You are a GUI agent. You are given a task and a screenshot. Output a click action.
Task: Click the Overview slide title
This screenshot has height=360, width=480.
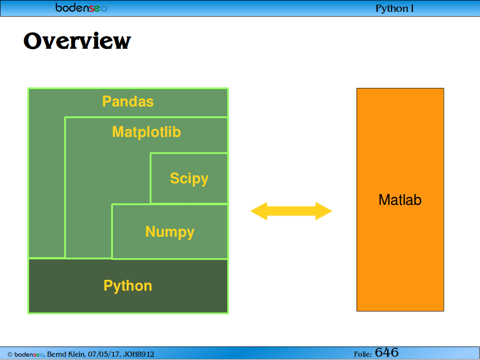click(77, 41)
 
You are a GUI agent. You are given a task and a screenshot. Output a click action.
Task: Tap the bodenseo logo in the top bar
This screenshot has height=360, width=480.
click(82, 7)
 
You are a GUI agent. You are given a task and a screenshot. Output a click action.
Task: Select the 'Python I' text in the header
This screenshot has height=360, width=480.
click(395, 8)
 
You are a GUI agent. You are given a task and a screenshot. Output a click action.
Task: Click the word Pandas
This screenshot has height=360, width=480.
click(128, 101)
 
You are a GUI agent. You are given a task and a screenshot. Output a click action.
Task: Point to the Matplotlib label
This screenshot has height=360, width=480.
click(146, 132)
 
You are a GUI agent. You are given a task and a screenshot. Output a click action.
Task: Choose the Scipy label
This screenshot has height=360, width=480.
click(189, 179)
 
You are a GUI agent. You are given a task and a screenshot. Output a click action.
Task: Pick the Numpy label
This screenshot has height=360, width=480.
click(170, 232)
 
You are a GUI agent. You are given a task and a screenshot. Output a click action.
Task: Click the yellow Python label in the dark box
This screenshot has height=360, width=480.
click(127, 286)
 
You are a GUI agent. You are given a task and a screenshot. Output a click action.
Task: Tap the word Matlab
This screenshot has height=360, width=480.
click(400, 200)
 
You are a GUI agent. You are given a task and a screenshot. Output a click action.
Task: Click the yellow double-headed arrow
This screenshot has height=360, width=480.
click(292, 211)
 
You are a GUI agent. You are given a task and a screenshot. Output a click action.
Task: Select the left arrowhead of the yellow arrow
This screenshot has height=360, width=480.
click(259, 211)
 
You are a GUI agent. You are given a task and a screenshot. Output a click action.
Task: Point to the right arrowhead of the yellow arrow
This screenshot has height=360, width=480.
click(324, 211)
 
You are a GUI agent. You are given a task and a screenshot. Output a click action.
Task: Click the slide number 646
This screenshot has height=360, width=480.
click(387, 352)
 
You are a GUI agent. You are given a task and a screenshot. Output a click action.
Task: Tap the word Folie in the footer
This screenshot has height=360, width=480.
click(363, 354)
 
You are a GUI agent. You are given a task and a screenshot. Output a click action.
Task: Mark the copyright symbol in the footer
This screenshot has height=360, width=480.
click(10, 354)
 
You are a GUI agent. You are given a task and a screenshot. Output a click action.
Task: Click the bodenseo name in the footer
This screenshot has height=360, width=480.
click(29, 354)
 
